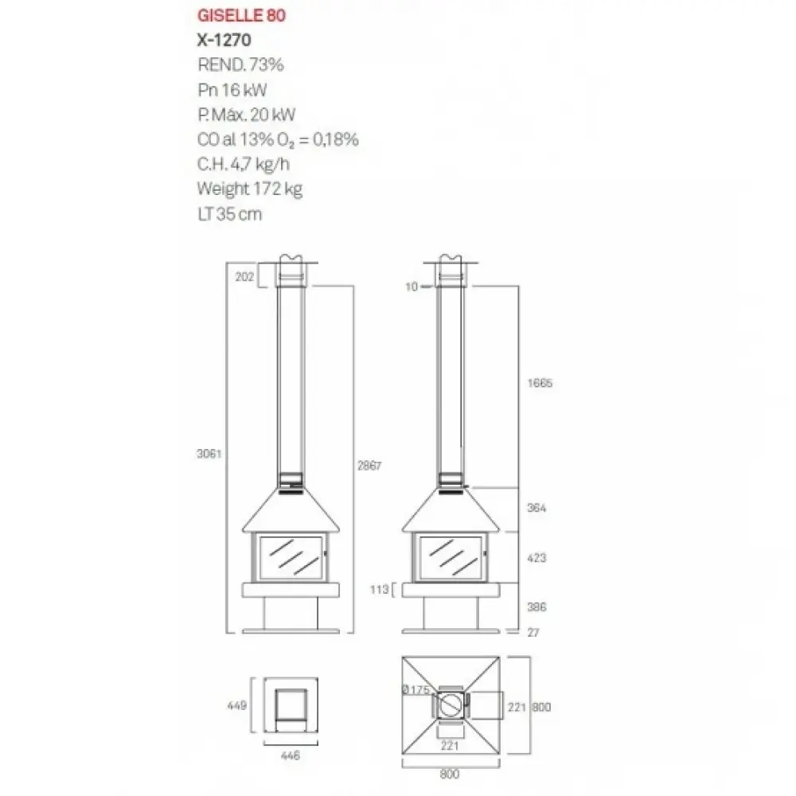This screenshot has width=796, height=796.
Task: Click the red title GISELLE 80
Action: click(241, 15)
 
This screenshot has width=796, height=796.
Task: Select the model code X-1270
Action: click(224, 40)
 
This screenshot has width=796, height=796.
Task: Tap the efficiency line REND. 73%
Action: click(240, 64)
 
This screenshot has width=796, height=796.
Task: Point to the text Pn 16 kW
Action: click(232, 90)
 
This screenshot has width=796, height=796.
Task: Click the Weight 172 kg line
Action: click(250, 189)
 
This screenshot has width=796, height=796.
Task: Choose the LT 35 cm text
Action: click(229, 213)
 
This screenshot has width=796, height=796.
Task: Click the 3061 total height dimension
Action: click(209, 454)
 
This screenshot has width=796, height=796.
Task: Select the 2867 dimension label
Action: click(369, 466)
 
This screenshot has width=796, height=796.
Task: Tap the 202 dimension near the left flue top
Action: click(244, 277)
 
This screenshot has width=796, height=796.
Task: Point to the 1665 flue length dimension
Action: click(540, 383)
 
